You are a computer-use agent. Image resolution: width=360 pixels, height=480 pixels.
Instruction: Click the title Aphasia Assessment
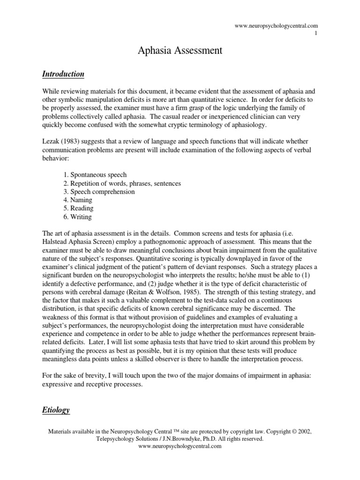(x=180, y=51)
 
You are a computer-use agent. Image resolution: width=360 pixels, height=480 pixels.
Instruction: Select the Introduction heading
(x=63, y=74)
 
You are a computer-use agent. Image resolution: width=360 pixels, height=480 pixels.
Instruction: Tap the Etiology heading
(x=56, y=410)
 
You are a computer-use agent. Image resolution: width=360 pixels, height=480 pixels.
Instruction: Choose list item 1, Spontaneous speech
(x=95, y=175)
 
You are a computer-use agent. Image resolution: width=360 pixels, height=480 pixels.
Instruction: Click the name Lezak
(x=51, y=141)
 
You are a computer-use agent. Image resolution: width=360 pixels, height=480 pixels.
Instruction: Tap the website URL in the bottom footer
(x=180, y=447)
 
